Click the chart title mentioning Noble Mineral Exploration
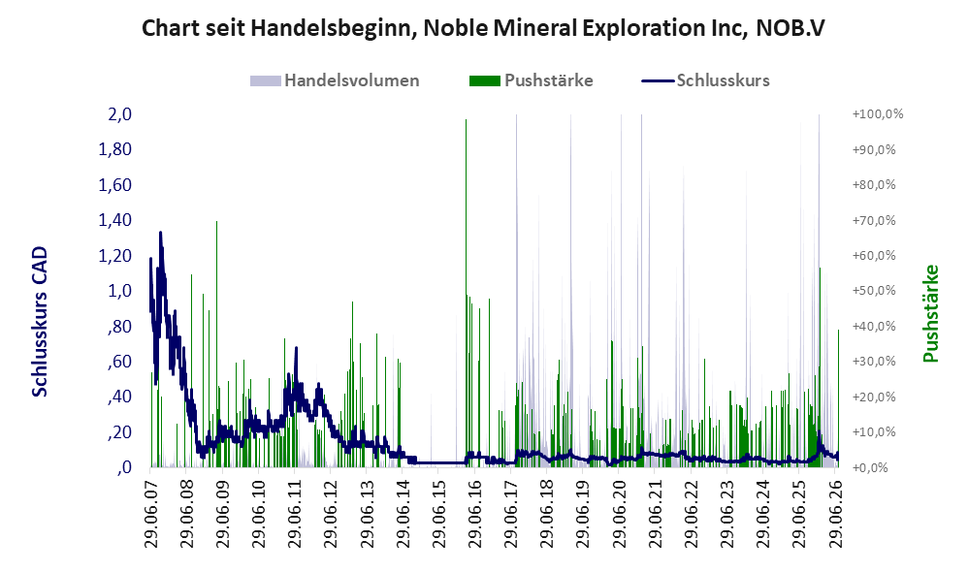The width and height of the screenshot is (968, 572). (x=483, y=28)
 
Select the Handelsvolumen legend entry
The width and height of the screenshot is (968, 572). (x=335, y=80)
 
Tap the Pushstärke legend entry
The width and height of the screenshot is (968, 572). (x=531, y=80)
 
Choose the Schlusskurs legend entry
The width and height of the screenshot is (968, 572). (x=705, y=80)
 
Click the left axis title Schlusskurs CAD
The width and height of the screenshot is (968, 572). (x=40, y=322)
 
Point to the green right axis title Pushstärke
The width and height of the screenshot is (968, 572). (x=930, y=313)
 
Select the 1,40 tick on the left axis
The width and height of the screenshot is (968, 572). (x=114, y=220)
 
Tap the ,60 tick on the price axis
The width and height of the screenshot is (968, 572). (x=119, y=361)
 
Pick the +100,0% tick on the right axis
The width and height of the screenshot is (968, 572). (x=877, y=114)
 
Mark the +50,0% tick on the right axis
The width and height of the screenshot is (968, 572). (x=874, y=291)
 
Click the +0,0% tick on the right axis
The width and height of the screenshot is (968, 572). (x=870, y=467)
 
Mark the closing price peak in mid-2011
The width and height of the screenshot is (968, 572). (x=297, y=348)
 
